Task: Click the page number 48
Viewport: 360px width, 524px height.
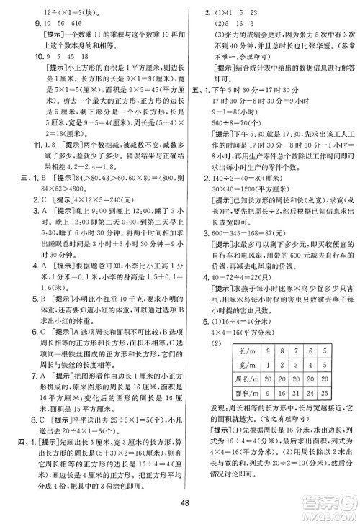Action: (x=180, y=503)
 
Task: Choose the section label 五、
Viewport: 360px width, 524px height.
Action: (x=190, y=91)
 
